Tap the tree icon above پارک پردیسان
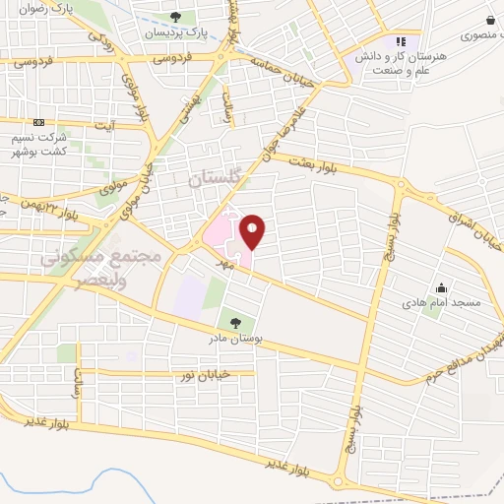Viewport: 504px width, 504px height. click(x=175, y=17)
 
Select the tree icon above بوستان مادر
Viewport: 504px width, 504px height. click(x=233, y=321)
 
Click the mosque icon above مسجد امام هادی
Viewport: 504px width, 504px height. click(x=439, y=288)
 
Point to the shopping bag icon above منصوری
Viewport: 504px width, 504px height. click(x=490, y=20)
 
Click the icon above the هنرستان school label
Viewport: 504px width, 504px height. click(x=400, y=42)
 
